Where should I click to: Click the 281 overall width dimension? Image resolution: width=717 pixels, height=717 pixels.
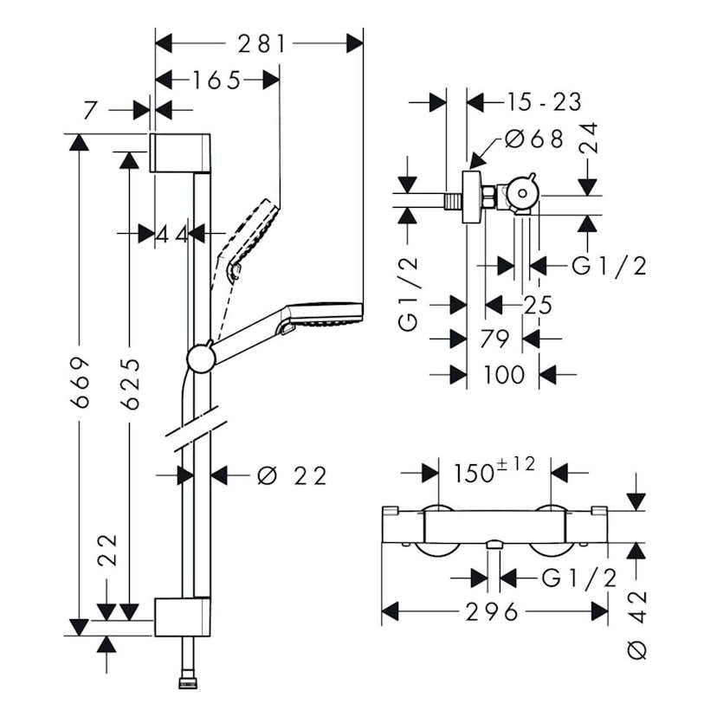coord(258,43)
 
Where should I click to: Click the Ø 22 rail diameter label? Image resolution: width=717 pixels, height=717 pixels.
coord(292,475)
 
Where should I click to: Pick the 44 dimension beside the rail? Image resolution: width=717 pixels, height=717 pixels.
coord(171,233)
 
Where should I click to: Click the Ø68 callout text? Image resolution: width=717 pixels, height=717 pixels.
coord(534,139)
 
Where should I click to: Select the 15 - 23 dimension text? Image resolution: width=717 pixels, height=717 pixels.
coord(545,102)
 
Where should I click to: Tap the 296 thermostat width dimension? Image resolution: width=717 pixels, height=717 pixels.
coord(494,612)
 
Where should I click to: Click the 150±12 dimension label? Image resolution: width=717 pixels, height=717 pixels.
coord(494,471)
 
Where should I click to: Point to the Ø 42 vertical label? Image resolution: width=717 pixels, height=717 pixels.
coord(636,617)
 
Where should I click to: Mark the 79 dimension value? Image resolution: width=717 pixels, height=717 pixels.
coord(494,339)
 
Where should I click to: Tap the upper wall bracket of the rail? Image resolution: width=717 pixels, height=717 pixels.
coord(181,152)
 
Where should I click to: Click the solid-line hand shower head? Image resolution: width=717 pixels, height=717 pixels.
coord(326,313)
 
